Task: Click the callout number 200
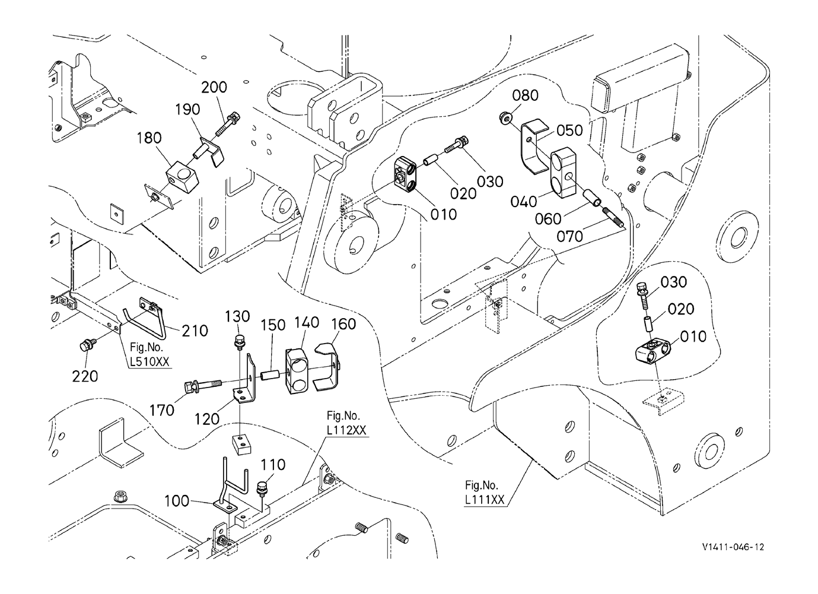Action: (214, 88)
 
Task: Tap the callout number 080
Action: (525, 96)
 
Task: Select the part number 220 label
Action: (85, 377)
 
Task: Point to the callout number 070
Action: (569, 237)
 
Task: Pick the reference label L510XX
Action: (149, 361)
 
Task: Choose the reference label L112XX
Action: (346, 430)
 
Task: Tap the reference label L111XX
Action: (485, 500)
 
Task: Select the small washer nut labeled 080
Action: (505, 117)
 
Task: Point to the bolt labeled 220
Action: (87, 345)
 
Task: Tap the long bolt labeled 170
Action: (203, 385)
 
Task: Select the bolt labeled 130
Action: (238, 341)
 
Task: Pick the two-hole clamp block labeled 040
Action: (563, 173)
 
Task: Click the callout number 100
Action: (177, 501)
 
